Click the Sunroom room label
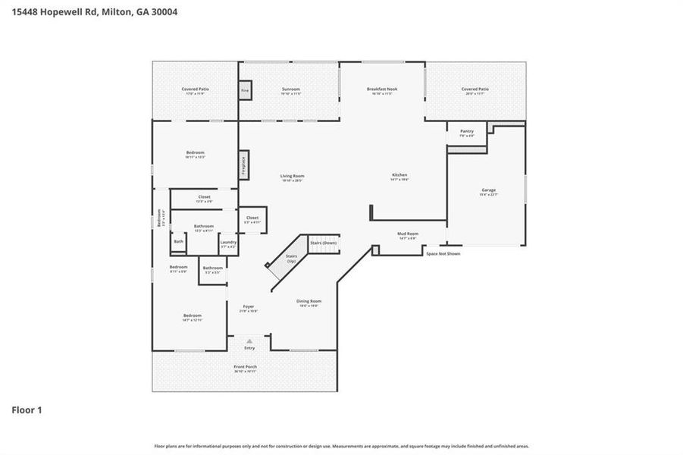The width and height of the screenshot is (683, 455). pos(291,89)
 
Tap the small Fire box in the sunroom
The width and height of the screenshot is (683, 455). pos(245,90)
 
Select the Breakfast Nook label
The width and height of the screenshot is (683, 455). pos(381,89)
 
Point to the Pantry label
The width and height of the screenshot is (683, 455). pos(466,131)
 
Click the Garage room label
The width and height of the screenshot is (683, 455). pos(488,190)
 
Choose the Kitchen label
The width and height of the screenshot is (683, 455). pos(399,175)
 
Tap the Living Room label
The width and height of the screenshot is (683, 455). pos(292,176)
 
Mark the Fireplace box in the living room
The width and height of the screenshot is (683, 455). pos(244,163)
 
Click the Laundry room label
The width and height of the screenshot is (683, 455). pos(228,243)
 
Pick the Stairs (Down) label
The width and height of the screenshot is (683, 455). pos(324,243)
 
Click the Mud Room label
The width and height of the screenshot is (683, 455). pos(408,234)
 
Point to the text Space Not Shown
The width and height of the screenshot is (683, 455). pos(443,253)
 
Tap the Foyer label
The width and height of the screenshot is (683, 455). pos(249,306)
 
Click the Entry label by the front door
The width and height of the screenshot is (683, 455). pos(249,347)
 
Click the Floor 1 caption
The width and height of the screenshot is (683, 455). pos(27,410)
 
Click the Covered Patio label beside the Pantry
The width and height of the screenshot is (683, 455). pos(475,89)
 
